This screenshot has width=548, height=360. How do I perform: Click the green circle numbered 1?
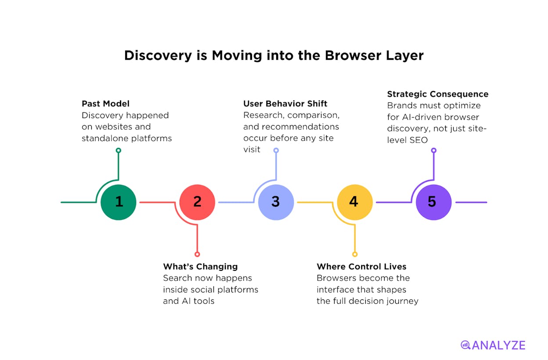click(119, 202)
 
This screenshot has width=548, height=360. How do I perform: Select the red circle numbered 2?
click(197, 202)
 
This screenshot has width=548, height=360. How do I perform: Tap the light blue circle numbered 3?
click(276, 202)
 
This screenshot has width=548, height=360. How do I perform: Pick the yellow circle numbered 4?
click(355, 202)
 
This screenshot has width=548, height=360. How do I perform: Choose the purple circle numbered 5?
click(433, 202)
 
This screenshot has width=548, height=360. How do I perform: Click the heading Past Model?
click(105, 104)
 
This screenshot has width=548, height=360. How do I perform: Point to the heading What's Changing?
click(200, 266)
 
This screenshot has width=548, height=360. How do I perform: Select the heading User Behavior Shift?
click(285, 104)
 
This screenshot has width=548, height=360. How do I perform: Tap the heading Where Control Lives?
click(361, 266)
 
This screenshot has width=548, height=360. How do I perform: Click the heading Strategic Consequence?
click(438, 94)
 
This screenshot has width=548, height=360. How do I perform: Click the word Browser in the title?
click(353, 55)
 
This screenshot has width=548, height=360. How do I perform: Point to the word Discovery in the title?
click(158, 56)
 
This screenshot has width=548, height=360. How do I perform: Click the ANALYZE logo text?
click(498, 346)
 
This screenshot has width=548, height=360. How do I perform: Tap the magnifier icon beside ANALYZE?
click(465, 345)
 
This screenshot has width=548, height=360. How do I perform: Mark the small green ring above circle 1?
click(119, 150)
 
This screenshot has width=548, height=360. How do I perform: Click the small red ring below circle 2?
click(197, 254)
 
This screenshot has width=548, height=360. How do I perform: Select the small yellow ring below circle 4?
click(355, 254)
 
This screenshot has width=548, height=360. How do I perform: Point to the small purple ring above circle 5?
click(433, 150)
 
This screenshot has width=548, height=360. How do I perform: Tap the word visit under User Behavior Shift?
click(252, 149)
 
